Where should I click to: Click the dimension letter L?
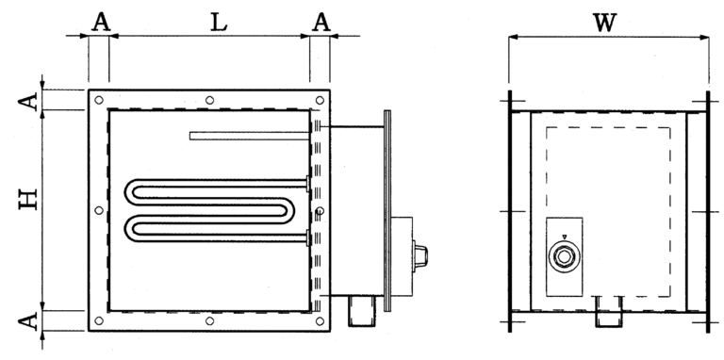click(x=219, y=23)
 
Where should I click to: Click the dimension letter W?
click(x=605, y=24)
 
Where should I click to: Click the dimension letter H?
click(x=28, y=201)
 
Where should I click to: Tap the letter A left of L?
click(x=101, y=23)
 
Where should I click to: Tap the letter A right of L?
click(x=321, y=23)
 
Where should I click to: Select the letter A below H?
click(x=28, y=321)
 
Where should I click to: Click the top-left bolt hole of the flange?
click(x=99, y=100)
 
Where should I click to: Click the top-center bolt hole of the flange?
click(x=209, y=100)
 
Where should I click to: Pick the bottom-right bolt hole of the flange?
click(x=320, y=320)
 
